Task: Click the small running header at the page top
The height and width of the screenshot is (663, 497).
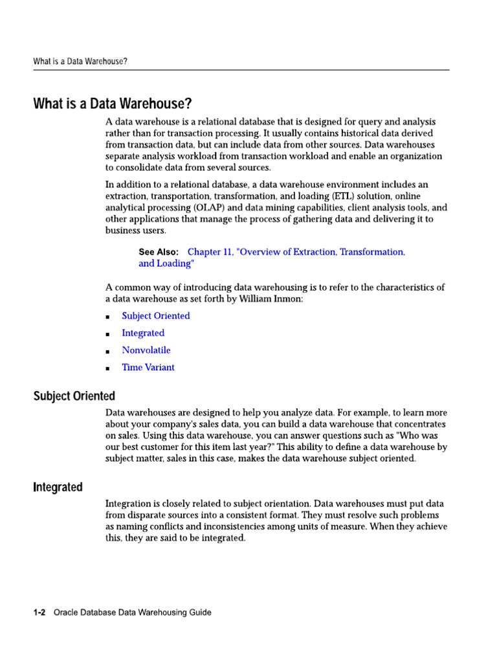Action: tap(80, 62)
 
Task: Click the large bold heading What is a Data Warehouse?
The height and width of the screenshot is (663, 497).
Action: tap(113, 104)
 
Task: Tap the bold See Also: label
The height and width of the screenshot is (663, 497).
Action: tap(159, 252)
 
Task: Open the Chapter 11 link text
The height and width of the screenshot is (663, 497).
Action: tap(296, 252)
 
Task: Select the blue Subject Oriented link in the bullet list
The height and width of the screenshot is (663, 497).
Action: tap(156, 316)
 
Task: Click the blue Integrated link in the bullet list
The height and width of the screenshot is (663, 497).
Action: tap(143, 333)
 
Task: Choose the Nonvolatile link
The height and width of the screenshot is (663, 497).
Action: tap(146, 350)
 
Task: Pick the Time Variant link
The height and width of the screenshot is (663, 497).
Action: tap(148, 367)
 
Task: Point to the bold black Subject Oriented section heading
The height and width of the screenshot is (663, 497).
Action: tap(74, 396)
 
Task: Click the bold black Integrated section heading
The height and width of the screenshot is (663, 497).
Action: tap(58, 487)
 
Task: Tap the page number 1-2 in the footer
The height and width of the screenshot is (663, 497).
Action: tap(39, 612)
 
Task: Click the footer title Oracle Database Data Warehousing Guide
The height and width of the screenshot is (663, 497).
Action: tap(132, 612)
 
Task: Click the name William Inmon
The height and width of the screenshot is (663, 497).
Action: tap(266, 298)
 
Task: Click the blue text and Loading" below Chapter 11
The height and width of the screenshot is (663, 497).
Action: tap(166, 264)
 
